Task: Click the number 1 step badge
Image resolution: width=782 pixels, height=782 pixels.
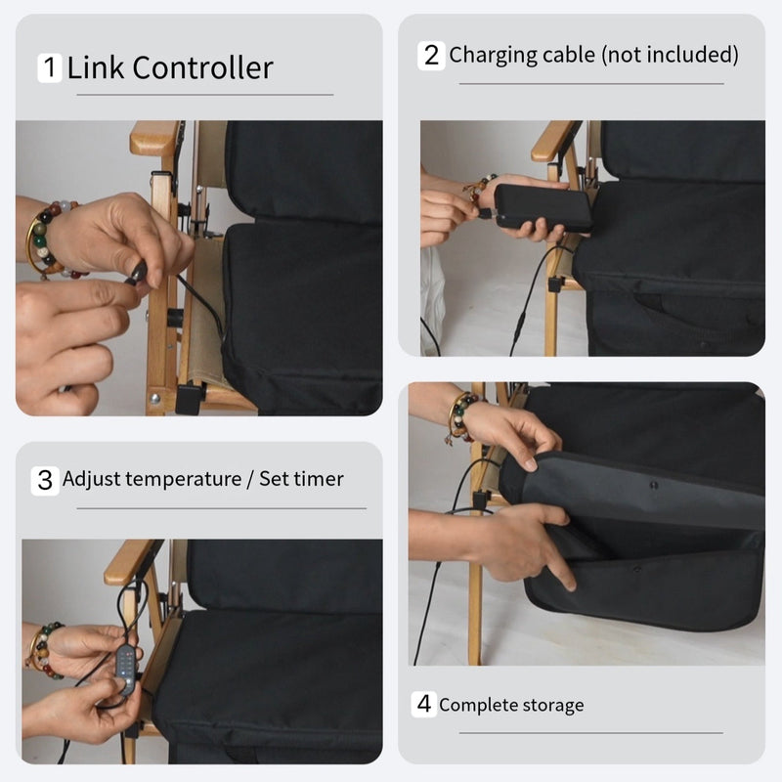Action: pos(50,68)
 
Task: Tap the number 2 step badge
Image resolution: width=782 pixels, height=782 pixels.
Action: pos(431,55)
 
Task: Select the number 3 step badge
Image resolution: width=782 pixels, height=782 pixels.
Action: pos(45,480)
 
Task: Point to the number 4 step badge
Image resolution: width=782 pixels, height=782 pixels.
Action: pos(423,704)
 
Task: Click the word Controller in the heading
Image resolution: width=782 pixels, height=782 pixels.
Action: pos(202,68)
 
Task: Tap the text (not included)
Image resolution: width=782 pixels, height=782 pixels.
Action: pos(670,55)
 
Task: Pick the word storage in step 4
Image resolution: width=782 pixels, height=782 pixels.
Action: pos(549,705)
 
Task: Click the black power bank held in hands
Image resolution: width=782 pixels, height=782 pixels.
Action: pos(543,207)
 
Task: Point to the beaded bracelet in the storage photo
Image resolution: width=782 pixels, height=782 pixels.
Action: pos(460,415)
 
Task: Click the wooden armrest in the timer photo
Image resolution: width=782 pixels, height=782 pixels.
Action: pos(129,560)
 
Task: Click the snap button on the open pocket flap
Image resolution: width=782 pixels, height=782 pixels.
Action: pos(653,485)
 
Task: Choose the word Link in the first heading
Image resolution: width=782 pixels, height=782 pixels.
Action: pos(96,68)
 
